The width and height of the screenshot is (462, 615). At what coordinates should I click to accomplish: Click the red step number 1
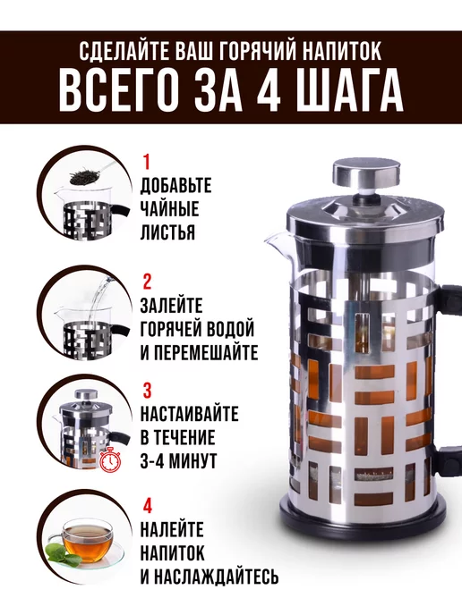147,162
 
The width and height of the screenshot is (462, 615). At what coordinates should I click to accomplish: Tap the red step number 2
147,282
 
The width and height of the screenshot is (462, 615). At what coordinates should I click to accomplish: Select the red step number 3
147,391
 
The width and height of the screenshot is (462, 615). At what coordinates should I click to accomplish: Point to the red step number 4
147,506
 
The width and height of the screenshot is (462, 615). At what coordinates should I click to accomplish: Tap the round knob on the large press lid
366,174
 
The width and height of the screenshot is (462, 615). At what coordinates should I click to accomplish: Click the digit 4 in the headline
269,91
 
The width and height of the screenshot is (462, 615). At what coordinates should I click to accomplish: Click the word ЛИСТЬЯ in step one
167,232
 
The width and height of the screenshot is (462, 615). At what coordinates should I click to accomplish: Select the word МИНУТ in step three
192,460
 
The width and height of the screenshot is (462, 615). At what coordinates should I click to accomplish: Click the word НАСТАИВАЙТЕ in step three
189,414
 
